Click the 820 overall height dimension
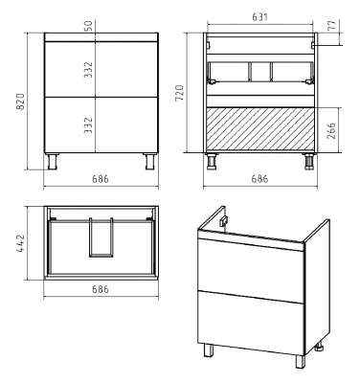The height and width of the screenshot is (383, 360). point(20,101)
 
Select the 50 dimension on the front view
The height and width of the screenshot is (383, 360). point(89,26)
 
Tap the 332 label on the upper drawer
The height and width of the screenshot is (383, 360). point(88,70)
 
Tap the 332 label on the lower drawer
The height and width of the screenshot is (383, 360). point(88,125)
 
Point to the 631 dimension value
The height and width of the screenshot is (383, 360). point(259,17)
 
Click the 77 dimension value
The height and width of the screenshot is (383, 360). point(331,25)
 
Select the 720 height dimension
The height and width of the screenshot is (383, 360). point(180,93)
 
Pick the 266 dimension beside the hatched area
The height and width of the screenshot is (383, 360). point(331,130)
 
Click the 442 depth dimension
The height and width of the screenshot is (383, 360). point(20,243)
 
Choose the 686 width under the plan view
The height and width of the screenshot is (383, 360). point(101,289)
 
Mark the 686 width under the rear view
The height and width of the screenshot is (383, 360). point(259,179)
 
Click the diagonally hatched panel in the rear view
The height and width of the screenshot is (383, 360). point(259,128)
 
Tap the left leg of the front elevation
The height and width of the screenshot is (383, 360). point(52,161)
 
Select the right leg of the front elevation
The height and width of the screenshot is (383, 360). point(149,161)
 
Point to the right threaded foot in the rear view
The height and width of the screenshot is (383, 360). point(308,162)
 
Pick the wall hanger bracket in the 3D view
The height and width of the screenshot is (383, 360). point(224,220)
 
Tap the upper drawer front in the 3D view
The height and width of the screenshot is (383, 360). point(251,269)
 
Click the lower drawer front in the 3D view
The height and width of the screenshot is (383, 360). point(251,323)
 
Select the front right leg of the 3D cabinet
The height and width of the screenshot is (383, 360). point(301,361)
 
